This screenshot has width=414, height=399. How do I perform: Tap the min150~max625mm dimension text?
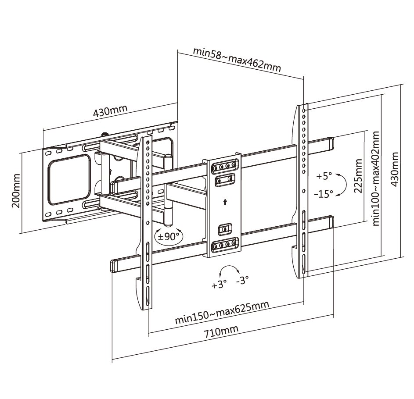click(x=222, y=312)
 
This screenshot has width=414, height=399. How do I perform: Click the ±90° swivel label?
click(x=169, y=236)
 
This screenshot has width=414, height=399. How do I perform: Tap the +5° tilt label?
click(x=324, y=176)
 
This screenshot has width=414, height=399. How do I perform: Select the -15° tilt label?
click(x=324, y=194)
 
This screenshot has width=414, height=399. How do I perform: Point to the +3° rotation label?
click(x=218, y=285)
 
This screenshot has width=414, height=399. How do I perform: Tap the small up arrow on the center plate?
click(x=225, y=203)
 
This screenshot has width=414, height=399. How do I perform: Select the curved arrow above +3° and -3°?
click(x=230, y=269)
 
